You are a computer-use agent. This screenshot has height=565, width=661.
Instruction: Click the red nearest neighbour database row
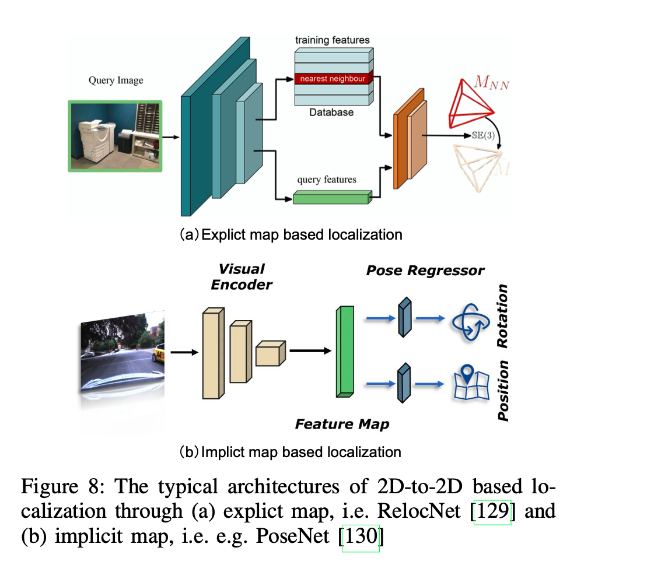(x=333, y=79)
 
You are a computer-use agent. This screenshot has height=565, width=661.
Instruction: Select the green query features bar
(x=332, y=197)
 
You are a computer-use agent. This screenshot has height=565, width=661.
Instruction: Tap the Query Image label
(x=116, y=80)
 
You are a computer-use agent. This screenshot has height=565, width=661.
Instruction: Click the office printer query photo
(x=115, y=136)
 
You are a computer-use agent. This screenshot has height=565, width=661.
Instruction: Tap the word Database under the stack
(x=331, y=112)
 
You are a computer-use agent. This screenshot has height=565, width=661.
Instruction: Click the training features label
(x=332, y=40)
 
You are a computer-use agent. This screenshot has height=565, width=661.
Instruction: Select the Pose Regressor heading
(x=425, y=271)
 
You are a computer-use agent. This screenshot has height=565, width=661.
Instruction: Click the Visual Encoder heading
(x=242, y=276)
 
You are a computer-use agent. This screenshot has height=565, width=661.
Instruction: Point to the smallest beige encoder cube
(x=270, y=355)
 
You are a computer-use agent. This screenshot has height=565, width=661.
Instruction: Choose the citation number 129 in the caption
(x=492, y=512)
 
